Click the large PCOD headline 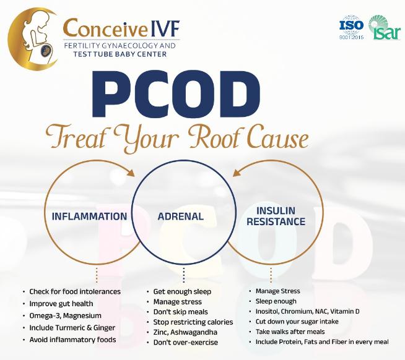pyautogui.click(x=176, y=94)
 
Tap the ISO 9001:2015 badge pyautogui.click(x=351, y=27)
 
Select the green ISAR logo pyautogui.click(x=385, y=27)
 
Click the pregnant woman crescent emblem pyautogui.click(x=33, y=39)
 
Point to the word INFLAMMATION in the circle pyautogui.click(x=89, y=216)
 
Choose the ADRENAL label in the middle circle pyautogui.click(x=181, y=216)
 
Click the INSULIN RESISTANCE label pyautogui.click(x=276, y=216)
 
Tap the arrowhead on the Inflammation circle pyautogui.click(x=131, y=173)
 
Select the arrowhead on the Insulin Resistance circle pyautogui.click(x=237, y=173)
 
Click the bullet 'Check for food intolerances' pyautogui.click(x=75, y=291)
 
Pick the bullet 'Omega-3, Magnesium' pyautogui.click(x=66, y=315)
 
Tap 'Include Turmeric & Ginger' pyautogui.click(x=72, y=328)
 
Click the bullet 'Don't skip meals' pyautogui.click(x=181, y=312)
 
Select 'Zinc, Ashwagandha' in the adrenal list pyautogui.click(x=185, y=332)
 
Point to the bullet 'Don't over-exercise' pyautogui.click(x=185, y=343)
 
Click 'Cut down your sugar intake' pyautogui.click(x=297, y=322)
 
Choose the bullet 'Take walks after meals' pyautogui.click(x=290, y=332)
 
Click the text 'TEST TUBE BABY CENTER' pyautogui.click(x=120, y=54)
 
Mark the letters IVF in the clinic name pyautogui.click(x=164, y=28)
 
